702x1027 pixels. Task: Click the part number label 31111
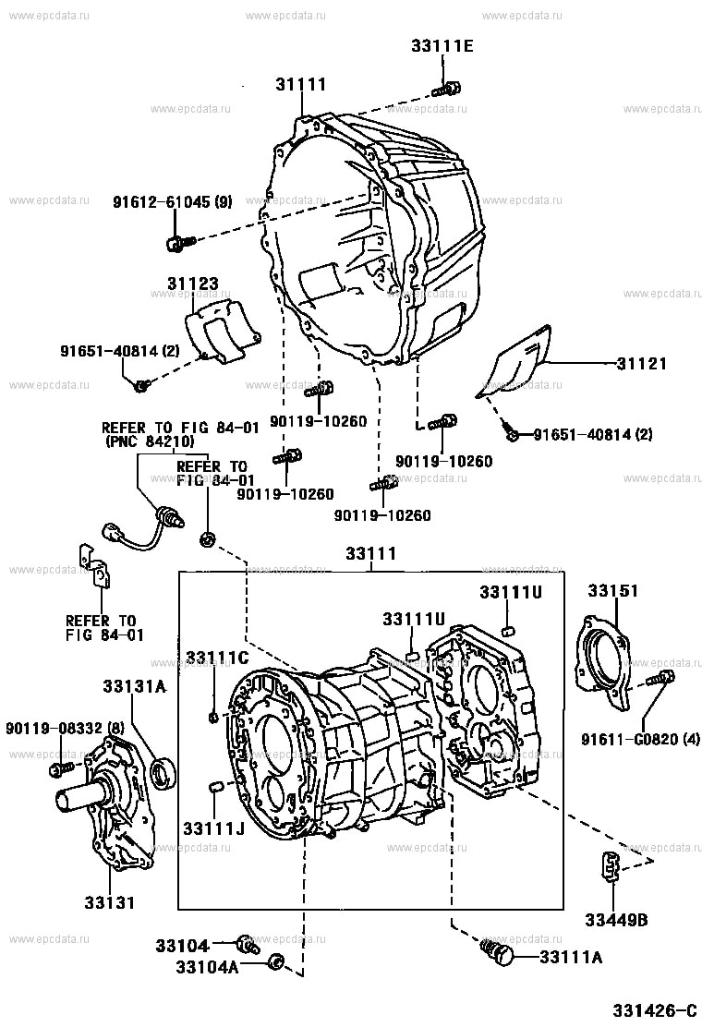[x=300, y=85]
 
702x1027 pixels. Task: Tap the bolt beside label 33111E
[x=448, y=90]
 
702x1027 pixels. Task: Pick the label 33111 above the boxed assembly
[x=370, y=554]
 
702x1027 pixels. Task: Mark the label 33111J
[x=212, y=828]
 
